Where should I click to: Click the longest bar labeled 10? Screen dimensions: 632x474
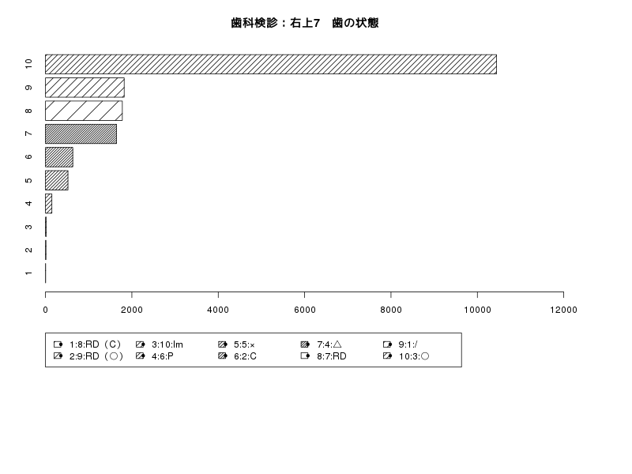pyautogui.click(x=271, y=65)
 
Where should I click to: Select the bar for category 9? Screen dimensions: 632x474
pyautogui.click(x=85, y=88)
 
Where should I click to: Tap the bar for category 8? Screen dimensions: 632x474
pyautogui.click(x=84, y=111)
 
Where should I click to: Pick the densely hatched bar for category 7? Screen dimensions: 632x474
pyautogui.click(x=81, y=134)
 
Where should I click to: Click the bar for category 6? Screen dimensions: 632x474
pyautogui.click(x=59, y=157)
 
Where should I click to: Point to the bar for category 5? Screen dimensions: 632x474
pyautogui.click(x=57, y=180)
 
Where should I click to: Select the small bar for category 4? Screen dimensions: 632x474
pyautogui.click(x=49, y=204)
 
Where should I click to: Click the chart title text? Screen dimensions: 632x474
pyautogui.click(x=305, y=23)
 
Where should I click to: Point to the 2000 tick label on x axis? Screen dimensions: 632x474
pyautogui.click(x=132, y=310)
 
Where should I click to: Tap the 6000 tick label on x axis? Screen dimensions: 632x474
pyautogui.click(x=305, y=310)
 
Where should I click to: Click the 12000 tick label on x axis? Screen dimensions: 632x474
pyautogui.click(x=563, y=310)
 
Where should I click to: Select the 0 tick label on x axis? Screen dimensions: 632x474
pyautogui.click(x=46, y=310)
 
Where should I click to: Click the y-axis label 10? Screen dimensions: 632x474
pyautogui.click(x=28, y=64)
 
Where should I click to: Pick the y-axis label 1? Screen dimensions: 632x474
pyautogui.click(x=28, y=273)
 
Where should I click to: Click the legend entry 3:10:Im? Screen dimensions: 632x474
pyautogui.click(x=160, y=344)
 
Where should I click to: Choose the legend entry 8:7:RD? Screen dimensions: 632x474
pyautogui.click(x=324, y=356)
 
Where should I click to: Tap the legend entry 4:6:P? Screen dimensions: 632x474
pyautogui.click(x=155, y=356)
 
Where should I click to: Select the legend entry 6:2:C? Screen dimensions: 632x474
pyautogui.click(x=238, y=356)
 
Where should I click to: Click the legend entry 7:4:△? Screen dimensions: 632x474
pyautogui.click(x=322, y=344)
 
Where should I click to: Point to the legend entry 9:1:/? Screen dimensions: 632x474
pyautogui.click(x=401, y=344)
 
